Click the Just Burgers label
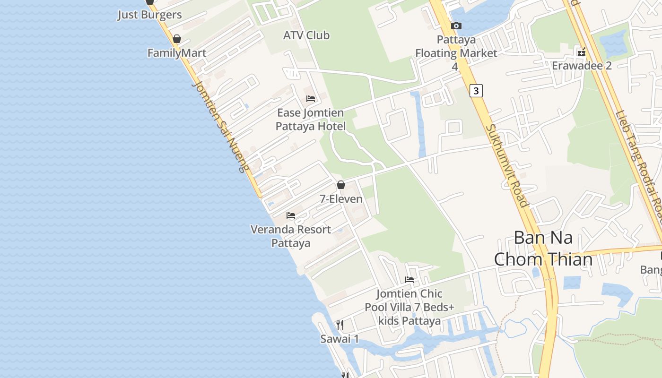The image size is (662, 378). click(x=149, y=15)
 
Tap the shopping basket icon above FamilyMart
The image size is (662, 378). click(x=177, y=39)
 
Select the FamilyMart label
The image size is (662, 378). click(x=177, y=53)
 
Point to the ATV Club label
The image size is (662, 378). click(x=306, y=35)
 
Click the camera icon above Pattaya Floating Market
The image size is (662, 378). click(x=456, y=26)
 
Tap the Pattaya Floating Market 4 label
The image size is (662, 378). click(x=456, y=53)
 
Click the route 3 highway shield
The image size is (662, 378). click(x=476, y=90)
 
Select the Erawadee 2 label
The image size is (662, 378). click(x=582, y=65)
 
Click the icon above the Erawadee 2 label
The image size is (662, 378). click(x=582, y=52)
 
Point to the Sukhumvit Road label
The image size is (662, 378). click(x=506, y=165)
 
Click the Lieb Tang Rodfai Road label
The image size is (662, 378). click(x=639, y=161)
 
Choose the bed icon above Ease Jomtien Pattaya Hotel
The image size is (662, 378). click(x=311, y=99)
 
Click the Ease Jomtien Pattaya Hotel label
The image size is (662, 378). click(x=311, y=120)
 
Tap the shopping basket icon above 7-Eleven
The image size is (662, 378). click(x=341, y=185)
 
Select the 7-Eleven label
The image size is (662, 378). click(x=341, y=199)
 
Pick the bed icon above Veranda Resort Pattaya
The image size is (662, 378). click(x=291, y=215)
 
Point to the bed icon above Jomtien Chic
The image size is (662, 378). click(x=409, y=280)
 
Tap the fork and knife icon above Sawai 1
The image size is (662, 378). click(x=340, y=325)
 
